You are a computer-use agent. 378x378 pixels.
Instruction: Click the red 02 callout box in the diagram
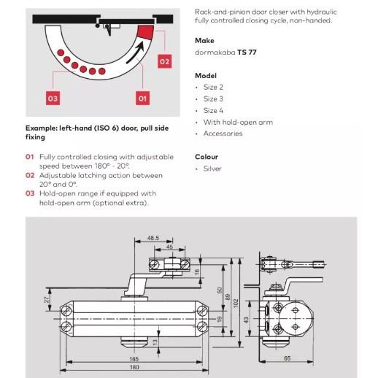[x=164, y=61]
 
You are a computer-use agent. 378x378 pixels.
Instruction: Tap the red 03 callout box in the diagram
[x=53, y=98]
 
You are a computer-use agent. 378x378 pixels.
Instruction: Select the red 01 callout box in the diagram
[x=142, y=98]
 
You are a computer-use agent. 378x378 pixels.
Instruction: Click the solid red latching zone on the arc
[x=145, y=32]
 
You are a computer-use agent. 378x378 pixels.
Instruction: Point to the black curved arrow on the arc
[x=134, y=54]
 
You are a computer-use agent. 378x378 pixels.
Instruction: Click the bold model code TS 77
[x=247, y=53]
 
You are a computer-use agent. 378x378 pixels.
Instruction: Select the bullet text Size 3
[x=213, y=99]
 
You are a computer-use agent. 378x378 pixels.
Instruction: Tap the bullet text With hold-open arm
[x=238, y=122]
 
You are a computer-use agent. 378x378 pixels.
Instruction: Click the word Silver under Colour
[x=212, y=169]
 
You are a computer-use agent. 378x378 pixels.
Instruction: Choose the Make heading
[x=204, y=40]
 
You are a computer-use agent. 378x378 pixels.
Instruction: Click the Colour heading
[x=207, y=157]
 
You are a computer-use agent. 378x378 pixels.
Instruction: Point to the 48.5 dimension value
[x=153, y=238]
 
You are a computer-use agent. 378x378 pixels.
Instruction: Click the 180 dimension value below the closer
[x=134, y=367]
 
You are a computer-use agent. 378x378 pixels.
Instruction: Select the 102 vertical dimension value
[x=236, y=304]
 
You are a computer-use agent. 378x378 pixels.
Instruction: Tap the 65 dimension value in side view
[x=287, y=358]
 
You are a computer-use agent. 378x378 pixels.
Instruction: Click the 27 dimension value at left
[x=47, y=300]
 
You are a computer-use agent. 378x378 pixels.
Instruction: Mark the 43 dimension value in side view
[x=246, y=320]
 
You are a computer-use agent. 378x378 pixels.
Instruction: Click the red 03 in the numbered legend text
[x=30, y=193]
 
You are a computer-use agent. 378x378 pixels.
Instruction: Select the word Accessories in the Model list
[x=223, y=134]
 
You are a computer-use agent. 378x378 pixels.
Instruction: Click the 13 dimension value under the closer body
[x=155, y=342]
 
